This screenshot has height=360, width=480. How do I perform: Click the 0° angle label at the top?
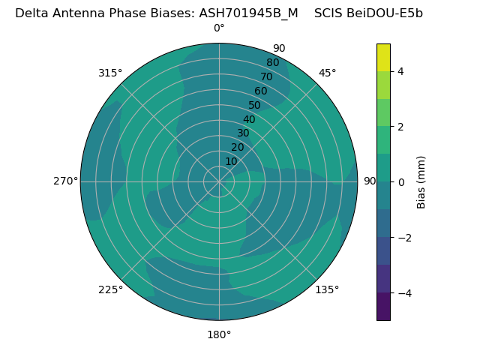219,28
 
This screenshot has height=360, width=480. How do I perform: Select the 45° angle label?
328,73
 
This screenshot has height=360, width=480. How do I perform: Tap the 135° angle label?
327,289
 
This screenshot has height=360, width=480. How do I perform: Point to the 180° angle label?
219,334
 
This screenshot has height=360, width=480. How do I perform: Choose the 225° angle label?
110,289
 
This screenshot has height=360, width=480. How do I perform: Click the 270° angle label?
65,181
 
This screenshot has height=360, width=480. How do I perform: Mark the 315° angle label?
110,73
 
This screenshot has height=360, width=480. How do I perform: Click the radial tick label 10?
231,161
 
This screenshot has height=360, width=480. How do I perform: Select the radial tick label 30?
243,133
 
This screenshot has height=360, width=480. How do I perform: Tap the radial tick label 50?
255,105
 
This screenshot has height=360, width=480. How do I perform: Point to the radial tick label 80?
273,62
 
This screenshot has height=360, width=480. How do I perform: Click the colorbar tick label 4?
400,71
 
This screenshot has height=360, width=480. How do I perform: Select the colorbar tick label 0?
400,182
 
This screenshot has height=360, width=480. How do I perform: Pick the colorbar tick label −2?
403,238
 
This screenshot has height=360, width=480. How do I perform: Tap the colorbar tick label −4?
403,293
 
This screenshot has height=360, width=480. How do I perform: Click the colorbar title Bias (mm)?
421,182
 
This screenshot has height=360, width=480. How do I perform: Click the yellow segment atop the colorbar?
383,57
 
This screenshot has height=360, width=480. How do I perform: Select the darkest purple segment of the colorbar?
383,307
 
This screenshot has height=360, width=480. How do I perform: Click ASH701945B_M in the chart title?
248,13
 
